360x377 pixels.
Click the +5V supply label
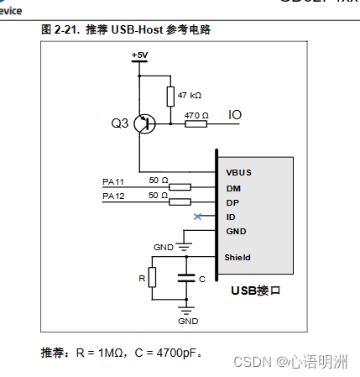[139, 55]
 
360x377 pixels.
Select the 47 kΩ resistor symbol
[170, 97]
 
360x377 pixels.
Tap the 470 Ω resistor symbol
[196, 123]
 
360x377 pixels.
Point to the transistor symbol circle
[146, 123]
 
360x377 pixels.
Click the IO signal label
[237, 114]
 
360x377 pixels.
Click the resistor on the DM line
[180, 187]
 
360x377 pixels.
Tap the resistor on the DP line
[180, 202]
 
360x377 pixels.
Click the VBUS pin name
[238, 173]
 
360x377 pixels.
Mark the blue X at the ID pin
[197, 217]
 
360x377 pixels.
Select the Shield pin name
[238, 258]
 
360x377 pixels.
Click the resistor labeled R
[152, 277]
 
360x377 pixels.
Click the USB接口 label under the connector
[254, 291]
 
